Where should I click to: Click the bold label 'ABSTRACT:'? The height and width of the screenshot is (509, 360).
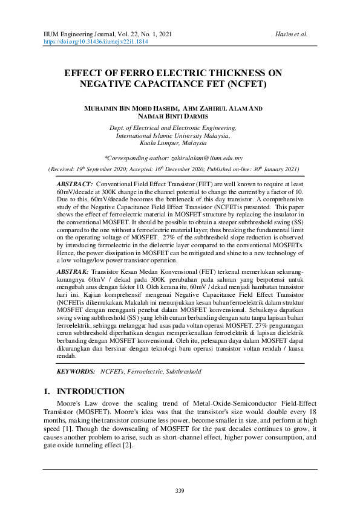[x=74, y=183]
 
